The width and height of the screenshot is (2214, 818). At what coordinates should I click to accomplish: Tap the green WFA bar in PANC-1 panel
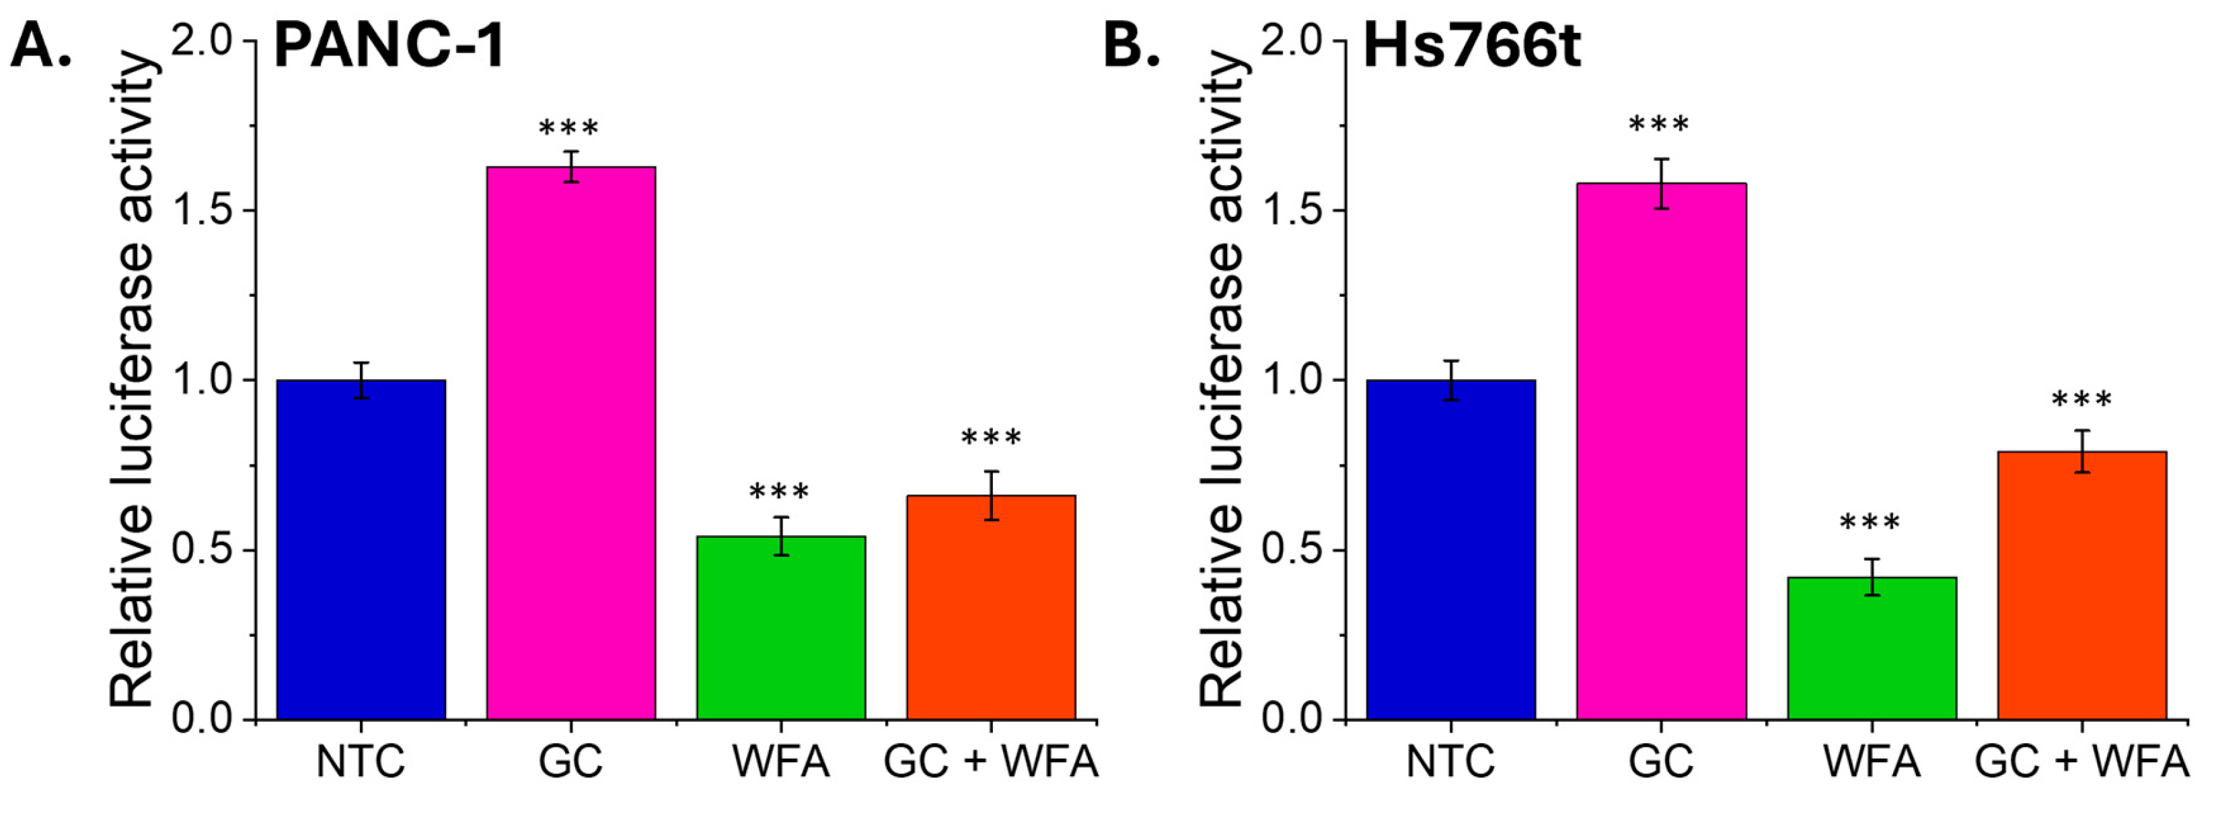[x=780, y=628]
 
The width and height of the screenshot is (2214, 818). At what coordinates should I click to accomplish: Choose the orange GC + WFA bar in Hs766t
[x=2081, y=585]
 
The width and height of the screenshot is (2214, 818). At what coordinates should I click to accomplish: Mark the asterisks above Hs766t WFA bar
[x=1870, y=524]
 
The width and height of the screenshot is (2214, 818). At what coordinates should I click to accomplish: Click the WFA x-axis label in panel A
[x=780, y=762]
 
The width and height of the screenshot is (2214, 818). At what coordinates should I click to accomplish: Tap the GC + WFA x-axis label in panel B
[x=2081, y=762]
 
